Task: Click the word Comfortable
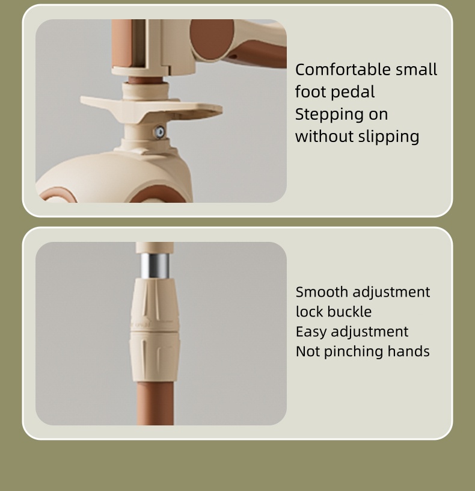click(x=343, y=70)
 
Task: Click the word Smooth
click(x=322, y=292)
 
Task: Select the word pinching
click(x=354, y=352)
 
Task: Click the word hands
click(x=408, y=351)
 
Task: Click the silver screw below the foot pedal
click(x=160, y=132)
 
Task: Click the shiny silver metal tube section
click(x=155, y=266)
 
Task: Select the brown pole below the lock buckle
click(x=155, y=403)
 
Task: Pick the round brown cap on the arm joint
click(x=212, y=40)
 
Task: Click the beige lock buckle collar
click(x=155, y=330)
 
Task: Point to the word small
click(x=416, y=70)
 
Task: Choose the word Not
click(x=308, y=351)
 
